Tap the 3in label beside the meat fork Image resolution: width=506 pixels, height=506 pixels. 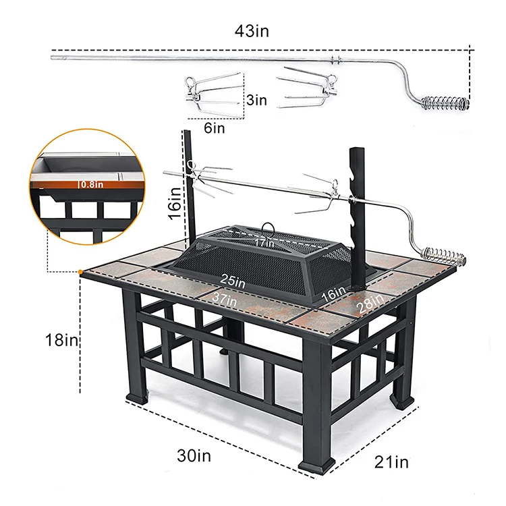[256, 101]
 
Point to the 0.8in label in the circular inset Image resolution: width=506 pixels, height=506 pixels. [90, 183]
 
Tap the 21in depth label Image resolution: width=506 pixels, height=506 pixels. [392, 462]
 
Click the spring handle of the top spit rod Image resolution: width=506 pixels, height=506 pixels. [443, 105]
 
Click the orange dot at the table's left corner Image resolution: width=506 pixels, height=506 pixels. [80, 271]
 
